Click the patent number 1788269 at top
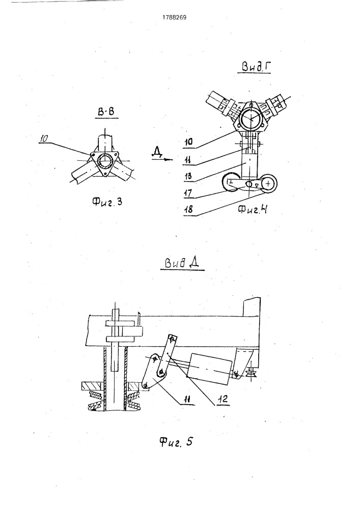click(x=174, y=17)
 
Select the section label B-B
click(x=106, y=112)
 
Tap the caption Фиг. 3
click(x=107, y=202)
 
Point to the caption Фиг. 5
click(x=176, y=441)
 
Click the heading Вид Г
click(x=255, y=67)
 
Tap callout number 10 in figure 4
click(x=188, y=142)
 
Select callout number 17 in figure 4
click(x=188, y=193)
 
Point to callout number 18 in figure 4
click(x=188, y=209)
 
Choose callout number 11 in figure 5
click(x=187, y=399)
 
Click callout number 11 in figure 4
click(x=188, y=159)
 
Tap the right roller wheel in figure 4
click(x=268, y=184)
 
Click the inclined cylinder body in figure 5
click(x=210, y=369)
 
